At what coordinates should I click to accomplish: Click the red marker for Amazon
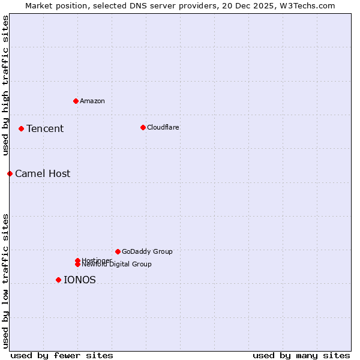[x=76, y=101]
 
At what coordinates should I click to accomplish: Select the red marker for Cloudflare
[x=143, y=127]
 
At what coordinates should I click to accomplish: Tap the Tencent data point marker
[x=21, y=128]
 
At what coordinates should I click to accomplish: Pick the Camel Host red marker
[x=10, y=173]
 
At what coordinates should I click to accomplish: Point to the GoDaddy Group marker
[x=118, y=251]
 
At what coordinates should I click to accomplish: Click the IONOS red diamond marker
[x=58, y=280]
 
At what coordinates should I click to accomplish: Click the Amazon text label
[x=92, y=101]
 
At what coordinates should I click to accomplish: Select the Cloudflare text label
[x=163, y=127]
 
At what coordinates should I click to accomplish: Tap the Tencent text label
[x=45, y=128]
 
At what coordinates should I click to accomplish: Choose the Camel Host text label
[x=43, y=173]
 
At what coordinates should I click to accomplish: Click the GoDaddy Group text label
[x=147, y=251]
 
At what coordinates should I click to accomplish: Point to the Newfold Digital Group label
[x=117, y=264]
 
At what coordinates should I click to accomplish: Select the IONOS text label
[x=80, y=280]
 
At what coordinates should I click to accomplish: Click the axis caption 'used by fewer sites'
[x=62, y=355]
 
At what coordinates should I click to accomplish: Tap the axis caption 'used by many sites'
[x=301, y=355]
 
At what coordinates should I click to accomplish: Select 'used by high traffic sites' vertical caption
[x=5, y=85]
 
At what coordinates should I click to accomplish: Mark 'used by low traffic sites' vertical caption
[x=5, y=281]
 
